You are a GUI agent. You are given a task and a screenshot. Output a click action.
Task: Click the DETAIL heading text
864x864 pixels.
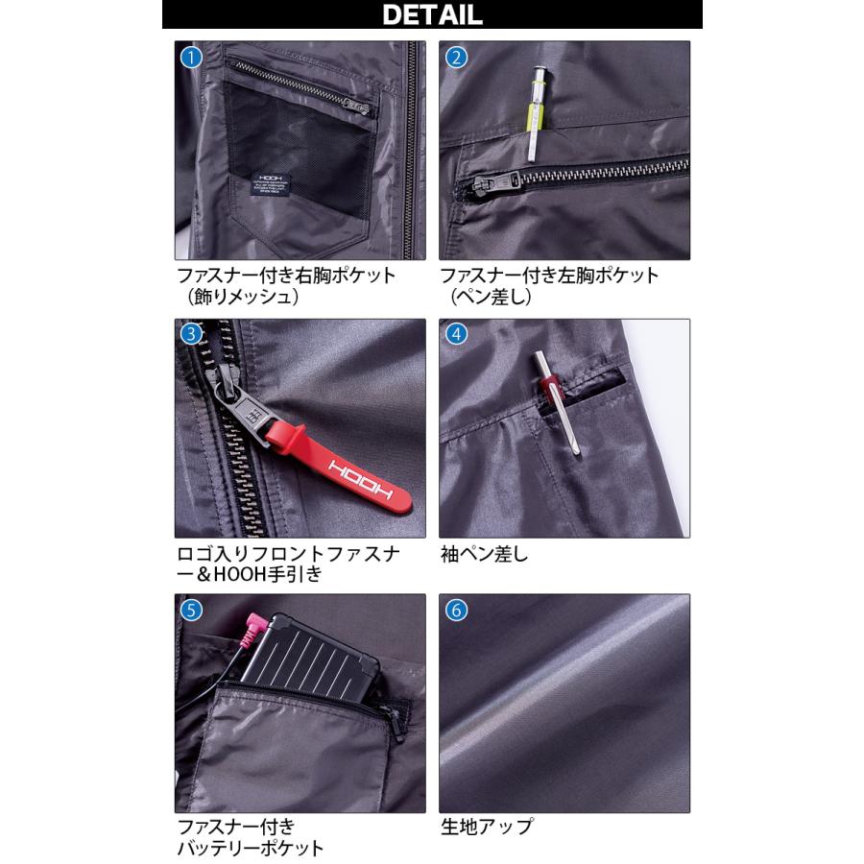tap(432, 14)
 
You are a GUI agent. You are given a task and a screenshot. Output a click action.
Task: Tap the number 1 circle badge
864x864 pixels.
tap(192, 57)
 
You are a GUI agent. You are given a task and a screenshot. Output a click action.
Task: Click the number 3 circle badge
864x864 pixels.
tap(192, 334)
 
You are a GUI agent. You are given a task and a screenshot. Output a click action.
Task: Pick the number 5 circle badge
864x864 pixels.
tap(192, 610)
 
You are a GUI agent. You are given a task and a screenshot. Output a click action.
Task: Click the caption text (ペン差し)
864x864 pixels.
tap(491, 298)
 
